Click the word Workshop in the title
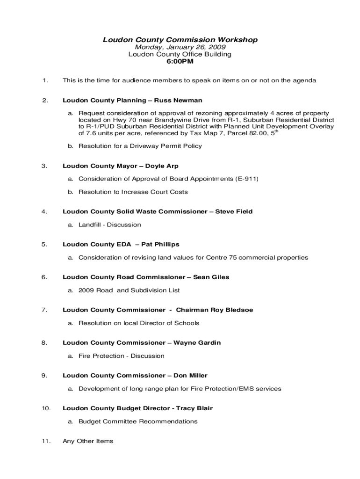coord(238,40)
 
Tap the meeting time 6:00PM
coord(180,61)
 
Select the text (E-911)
coord(245,179)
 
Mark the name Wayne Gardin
coord(197,343)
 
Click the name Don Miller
coord(190,376)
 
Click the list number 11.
coord(46,441)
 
